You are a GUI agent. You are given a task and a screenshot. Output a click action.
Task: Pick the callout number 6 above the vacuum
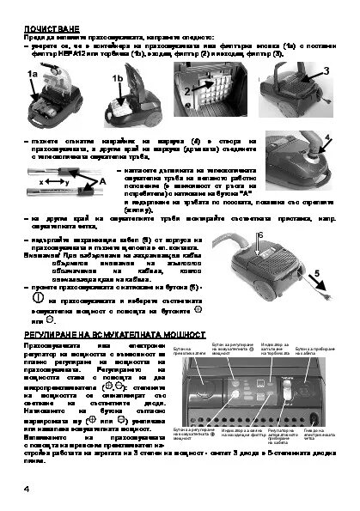[x=259, y=234]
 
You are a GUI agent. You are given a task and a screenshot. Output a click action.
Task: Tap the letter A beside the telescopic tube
[x=102, y=182]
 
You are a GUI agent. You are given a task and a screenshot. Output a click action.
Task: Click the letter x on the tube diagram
[x=42, y=183]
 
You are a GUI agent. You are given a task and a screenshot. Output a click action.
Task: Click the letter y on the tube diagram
[x=67, y=183]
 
